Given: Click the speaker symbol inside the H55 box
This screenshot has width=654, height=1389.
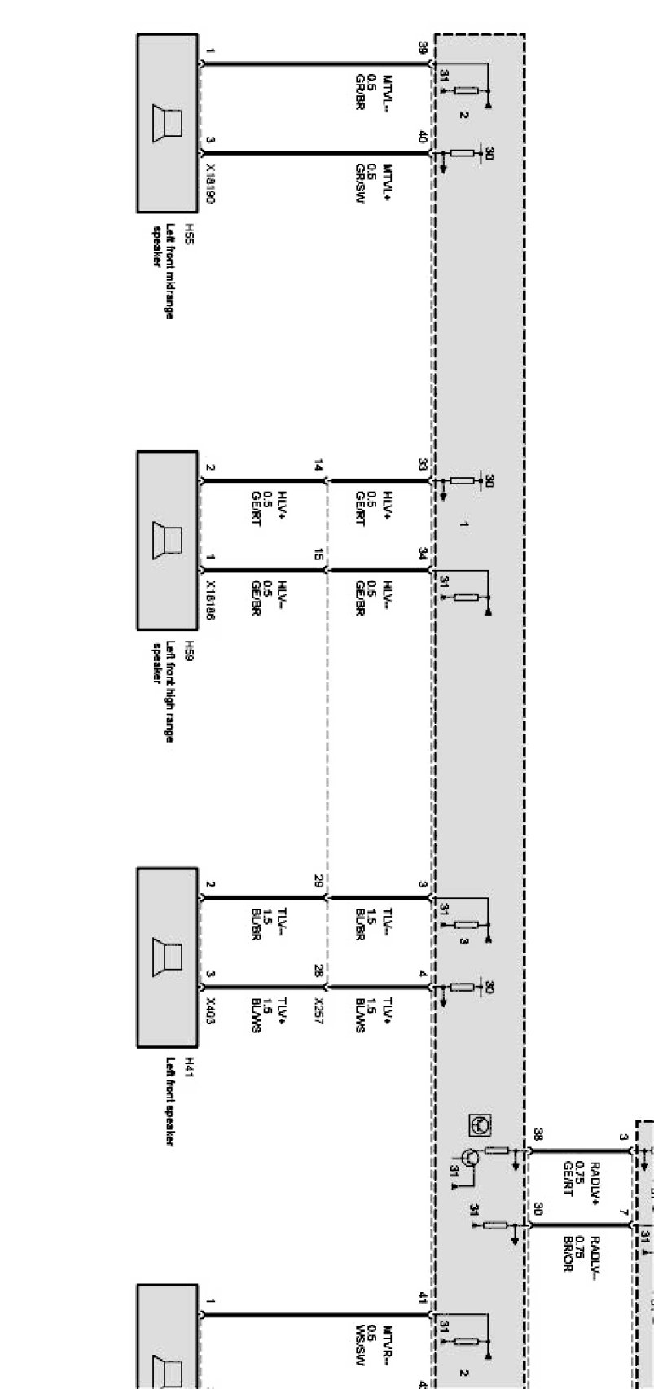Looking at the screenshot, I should (x=168, y=123).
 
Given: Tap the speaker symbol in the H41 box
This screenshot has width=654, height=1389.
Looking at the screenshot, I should (x=168, y=957).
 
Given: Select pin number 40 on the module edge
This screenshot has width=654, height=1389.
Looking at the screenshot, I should (x=422, y=138).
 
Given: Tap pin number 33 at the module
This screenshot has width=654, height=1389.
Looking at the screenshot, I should (x=422, y=465).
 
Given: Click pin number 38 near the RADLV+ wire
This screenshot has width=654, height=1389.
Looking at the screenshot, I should (x=538, y=1133).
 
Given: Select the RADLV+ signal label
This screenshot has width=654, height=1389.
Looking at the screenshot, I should (x=595, y=1177).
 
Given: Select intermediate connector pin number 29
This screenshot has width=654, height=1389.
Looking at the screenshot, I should (x=319, y=881).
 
